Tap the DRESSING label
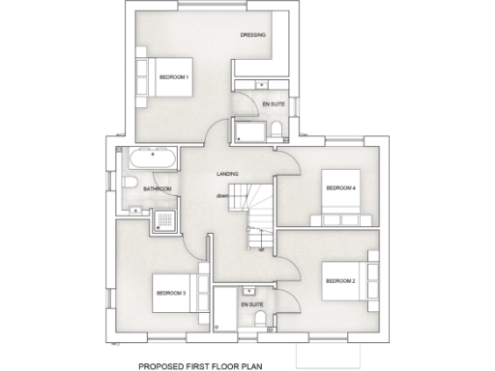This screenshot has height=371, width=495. point(253,36)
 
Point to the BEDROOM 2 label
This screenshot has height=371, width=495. point(340,281)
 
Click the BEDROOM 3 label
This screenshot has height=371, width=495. point(171,292)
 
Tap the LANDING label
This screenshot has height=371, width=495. point(228,174)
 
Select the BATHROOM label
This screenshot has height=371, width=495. point(157,189)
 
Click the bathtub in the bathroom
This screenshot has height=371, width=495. point(153,158)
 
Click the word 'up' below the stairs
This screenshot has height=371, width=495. point(261,248)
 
